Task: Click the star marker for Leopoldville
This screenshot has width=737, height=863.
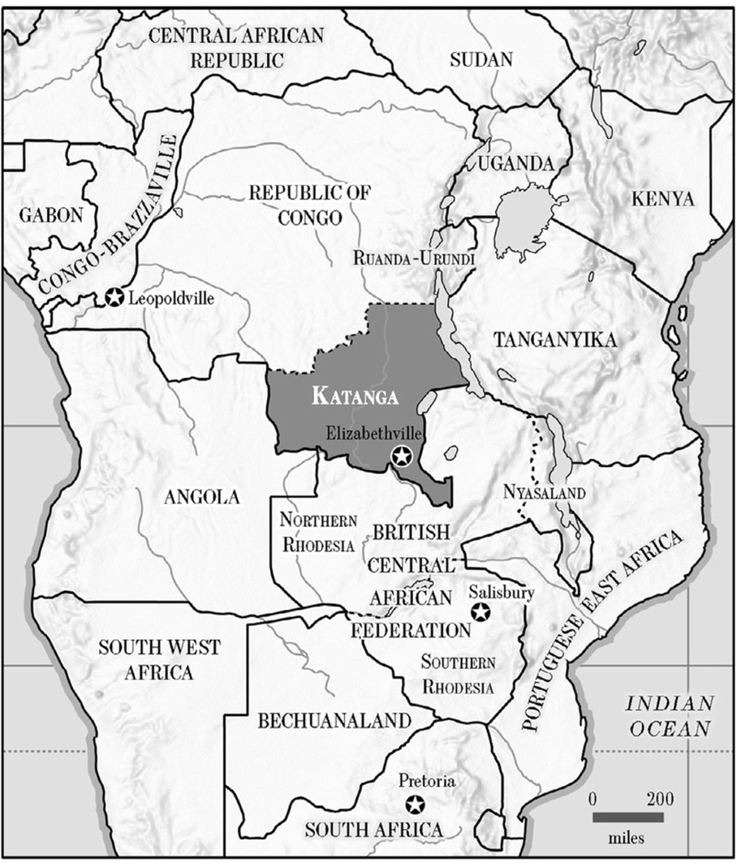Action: tap(114, 297)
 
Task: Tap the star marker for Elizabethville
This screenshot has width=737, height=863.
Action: tap(400, 456)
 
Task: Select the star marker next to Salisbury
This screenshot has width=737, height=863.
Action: tap(480, 611)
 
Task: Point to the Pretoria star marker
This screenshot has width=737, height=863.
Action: tap(416, 804)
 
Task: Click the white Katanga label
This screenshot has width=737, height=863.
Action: tap(356, 396)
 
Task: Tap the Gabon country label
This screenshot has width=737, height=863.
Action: tap(52, 215)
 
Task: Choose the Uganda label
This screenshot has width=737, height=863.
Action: tap(515, 163)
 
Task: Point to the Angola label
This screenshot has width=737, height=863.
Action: tap(202, 497)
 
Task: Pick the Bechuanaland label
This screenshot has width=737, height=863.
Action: tap(334, 720)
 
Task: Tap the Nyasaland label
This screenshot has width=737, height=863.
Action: tap(532, 493)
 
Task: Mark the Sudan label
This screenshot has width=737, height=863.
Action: tap(481, 59)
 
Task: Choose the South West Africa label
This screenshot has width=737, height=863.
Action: tap(158, 659)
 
